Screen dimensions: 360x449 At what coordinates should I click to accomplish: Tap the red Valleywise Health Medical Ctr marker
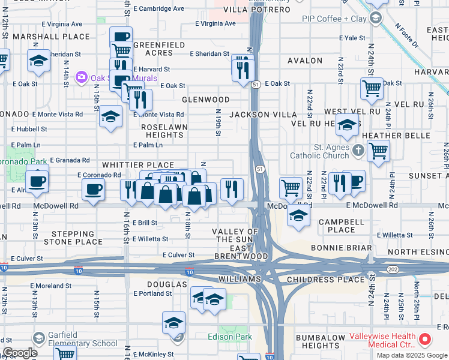(426, 340)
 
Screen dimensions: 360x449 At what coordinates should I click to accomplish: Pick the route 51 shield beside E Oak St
(256, 84)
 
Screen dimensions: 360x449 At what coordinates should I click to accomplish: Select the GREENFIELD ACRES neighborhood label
(153, 49)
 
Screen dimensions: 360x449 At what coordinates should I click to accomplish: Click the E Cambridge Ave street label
(158, 9)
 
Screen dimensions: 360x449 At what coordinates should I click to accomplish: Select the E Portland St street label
(152, 293)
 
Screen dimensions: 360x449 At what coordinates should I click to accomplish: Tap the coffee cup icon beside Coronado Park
(37, 181)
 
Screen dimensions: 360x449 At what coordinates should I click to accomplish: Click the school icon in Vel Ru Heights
(347, 127)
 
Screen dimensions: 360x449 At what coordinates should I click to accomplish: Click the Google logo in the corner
(20, 353)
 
